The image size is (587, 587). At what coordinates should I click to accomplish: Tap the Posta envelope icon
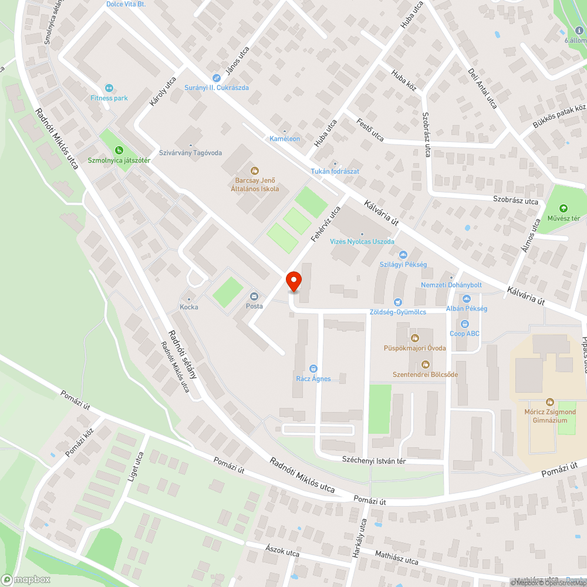click(254, 296)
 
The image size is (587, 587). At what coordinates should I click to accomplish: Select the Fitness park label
click(109, 98)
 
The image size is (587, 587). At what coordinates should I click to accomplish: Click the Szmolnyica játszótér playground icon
click(119, 150)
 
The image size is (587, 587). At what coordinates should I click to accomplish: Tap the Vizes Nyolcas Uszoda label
click(362, 241)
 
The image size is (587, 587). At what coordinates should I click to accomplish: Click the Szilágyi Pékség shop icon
click(403, 255)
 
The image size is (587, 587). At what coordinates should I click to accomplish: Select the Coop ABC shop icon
click(465, 323)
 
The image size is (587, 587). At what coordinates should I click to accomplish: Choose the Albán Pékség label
click(467, 309)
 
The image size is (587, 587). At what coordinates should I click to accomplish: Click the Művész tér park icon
click(564, 208)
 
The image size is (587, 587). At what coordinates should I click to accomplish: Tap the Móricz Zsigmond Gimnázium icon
click(550, 402)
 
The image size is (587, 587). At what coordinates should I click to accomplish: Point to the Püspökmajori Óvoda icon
click(415, 338)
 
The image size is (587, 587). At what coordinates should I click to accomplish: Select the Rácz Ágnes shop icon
click(313, 368)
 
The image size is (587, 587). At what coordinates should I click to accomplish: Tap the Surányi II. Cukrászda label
click(217, 87)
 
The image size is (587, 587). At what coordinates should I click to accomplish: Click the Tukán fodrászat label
click(335, 171)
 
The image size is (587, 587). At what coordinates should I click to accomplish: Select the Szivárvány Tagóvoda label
click(190, 153)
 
